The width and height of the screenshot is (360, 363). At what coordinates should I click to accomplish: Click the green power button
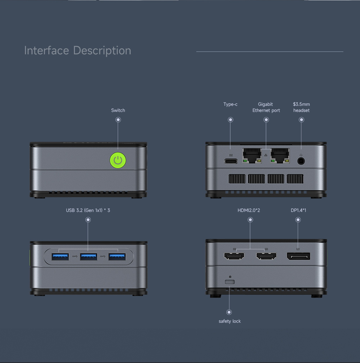point(118,160)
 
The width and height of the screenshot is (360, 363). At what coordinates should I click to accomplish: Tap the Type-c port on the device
point(231,161)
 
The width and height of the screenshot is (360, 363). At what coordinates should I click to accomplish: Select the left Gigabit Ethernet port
point(252,155)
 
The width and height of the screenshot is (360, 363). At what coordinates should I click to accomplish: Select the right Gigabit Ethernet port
point(280,155)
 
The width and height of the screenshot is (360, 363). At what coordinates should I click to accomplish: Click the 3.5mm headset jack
point(301,161)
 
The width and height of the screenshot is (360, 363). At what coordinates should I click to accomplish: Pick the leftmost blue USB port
point(60,257)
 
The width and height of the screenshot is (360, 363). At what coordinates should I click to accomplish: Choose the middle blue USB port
point(89,257)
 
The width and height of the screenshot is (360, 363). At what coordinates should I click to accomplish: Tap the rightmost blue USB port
point(117,257)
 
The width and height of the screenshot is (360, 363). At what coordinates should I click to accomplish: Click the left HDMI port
point(234,257)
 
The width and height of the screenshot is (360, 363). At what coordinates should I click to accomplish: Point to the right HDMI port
point(266,257)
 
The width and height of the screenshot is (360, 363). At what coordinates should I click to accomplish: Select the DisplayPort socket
point(298,257)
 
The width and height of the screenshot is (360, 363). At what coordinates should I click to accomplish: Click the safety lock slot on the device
point(229,281)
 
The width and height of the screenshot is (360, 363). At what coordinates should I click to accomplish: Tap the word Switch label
point(118,110)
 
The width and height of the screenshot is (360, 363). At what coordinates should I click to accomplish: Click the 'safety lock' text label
point(230,321)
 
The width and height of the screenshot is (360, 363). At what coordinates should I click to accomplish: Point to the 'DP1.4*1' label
point(298,210)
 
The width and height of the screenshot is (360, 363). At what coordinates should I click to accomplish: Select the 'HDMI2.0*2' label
point(249,210)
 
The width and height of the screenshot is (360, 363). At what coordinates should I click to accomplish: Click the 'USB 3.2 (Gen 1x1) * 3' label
point(88,210)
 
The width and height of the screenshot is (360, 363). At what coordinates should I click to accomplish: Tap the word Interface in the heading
point(46,50)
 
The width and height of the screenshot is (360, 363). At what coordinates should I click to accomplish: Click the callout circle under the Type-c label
point(231,120)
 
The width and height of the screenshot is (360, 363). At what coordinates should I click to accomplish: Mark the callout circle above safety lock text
point(229,312)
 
